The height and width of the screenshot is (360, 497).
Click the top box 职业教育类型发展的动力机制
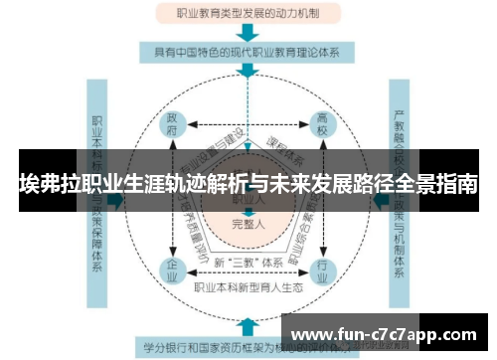[248, 14]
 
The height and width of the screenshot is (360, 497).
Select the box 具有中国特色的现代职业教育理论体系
[248, 51]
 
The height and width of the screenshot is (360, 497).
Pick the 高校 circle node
[322, 126]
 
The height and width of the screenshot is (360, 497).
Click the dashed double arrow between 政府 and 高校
[248, 126]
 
